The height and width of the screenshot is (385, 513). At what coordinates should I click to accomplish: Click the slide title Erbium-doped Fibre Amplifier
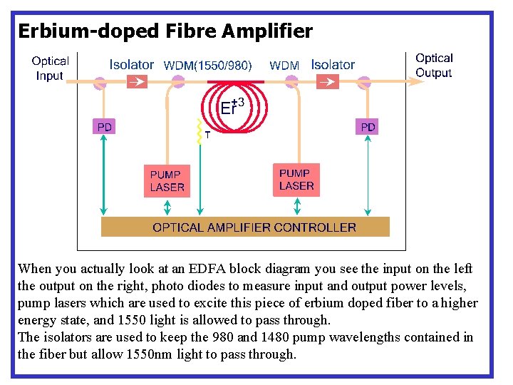click(x=165, y=31)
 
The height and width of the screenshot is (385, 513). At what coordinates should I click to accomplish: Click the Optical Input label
click(x=50, y=68)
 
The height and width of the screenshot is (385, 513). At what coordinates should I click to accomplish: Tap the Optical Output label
click(x=434, y=66)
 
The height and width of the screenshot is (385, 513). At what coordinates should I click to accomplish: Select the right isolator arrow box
click(x=327, y=83)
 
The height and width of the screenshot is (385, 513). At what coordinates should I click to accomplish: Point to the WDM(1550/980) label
click(x=207, y=66)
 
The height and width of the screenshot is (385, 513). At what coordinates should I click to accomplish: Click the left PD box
click(x=105, y=127)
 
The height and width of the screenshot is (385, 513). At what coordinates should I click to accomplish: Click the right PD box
click(x=368, y=127)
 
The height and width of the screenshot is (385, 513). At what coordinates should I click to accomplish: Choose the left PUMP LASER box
click(x=167, y=181)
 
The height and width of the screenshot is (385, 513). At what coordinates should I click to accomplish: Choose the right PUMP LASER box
click(x=296, y=179)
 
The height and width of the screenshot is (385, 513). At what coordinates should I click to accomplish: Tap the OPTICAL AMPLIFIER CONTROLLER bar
click(x=245, y=227)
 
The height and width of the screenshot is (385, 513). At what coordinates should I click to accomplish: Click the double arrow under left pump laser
click(x=167, y=207)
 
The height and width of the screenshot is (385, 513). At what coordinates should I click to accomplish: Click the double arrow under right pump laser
click(x=296, y=206)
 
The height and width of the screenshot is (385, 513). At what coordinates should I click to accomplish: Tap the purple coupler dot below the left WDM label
click(x=178, y=83)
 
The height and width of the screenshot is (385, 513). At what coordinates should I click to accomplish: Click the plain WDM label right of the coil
click(x=284, y=66)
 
